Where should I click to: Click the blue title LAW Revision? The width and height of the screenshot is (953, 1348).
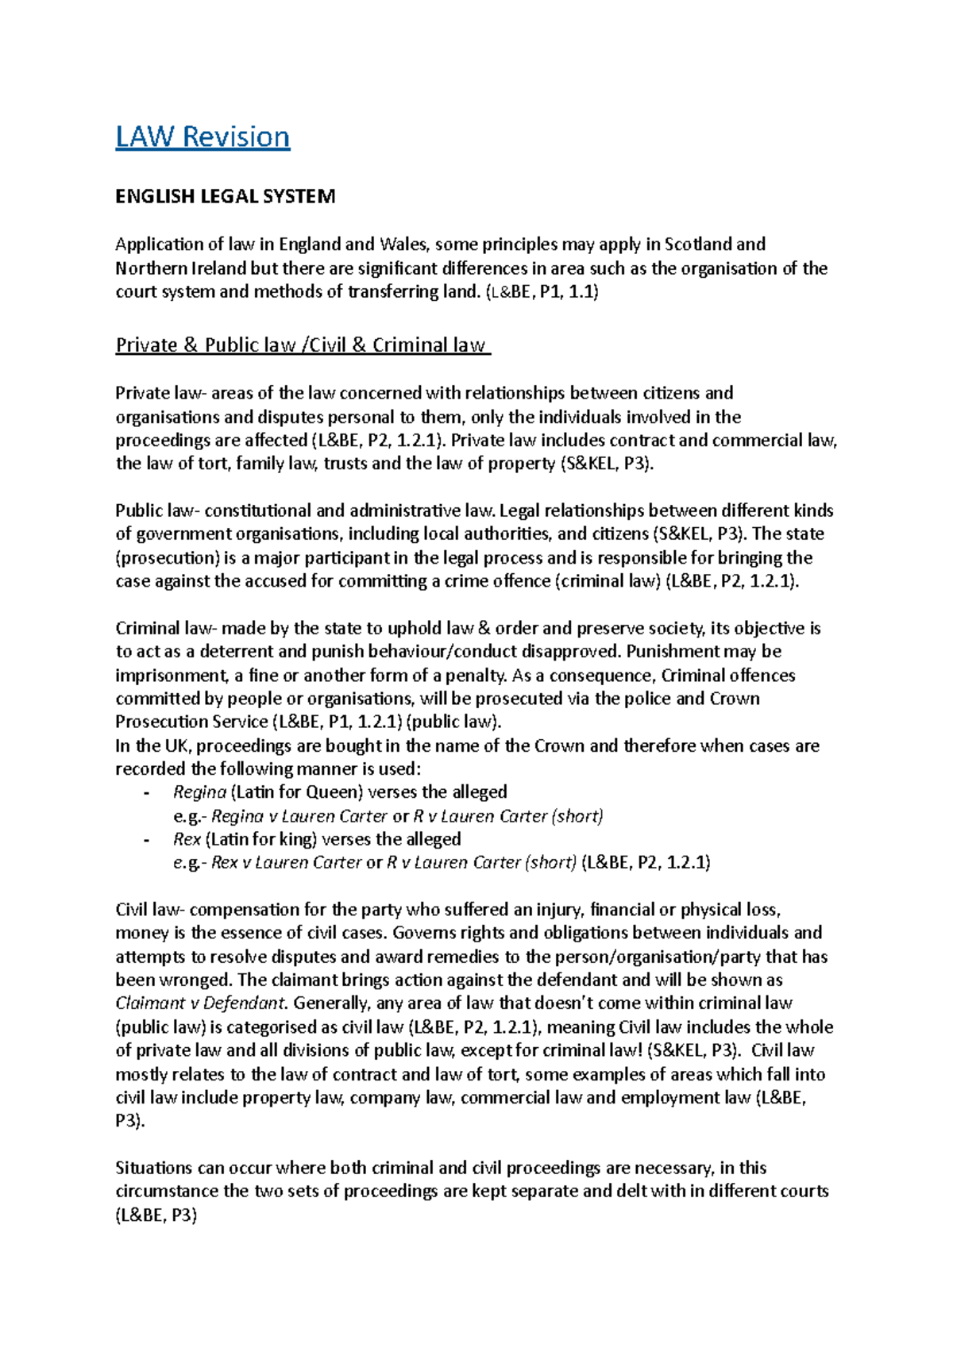203,137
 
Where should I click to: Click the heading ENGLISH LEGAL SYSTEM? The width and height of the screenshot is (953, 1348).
225,196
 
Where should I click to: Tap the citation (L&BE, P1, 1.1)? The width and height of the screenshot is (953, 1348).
541,291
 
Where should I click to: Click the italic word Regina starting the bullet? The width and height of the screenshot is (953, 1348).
199,791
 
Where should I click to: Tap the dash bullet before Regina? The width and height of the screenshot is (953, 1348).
145,792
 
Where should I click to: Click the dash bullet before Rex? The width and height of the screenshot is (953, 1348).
145,839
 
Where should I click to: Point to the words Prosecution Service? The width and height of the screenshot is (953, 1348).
191,722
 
